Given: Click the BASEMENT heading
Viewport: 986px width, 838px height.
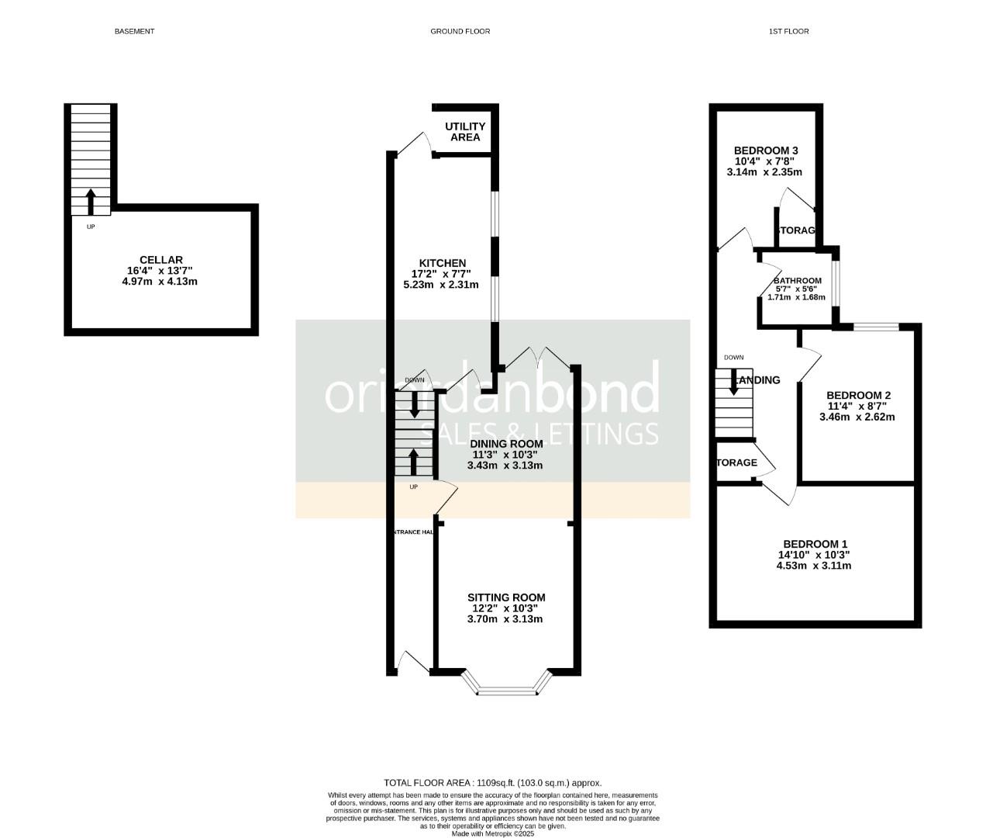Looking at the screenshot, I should pyautogui.click(x=134, y=31).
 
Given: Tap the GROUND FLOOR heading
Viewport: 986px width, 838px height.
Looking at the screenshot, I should pyautogui.click(x=460, y=31).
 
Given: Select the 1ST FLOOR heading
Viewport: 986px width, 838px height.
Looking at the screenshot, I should pyautogui.click(x=788, y=31).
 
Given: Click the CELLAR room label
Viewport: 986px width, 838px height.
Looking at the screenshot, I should pyautogui.click(x=160, y=260).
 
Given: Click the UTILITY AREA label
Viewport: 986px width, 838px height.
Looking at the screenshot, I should pyautogui.click(x=465, y=132).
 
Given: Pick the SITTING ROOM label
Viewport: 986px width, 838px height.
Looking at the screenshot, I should pyautogui.click(x=506, y=597).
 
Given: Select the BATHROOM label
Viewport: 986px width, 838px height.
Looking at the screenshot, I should pyautogui.click(x=797, y=281).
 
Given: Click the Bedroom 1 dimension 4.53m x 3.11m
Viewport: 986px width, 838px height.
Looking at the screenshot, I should pyautogui.click(x=814, y=566).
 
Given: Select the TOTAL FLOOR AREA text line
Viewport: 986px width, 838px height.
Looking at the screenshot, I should pyautogui.click(x=492, y=783).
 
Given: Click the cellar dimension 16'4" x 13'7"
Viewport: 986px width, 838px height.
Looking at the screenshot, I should pyautogui.click(x=160, y=271).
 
